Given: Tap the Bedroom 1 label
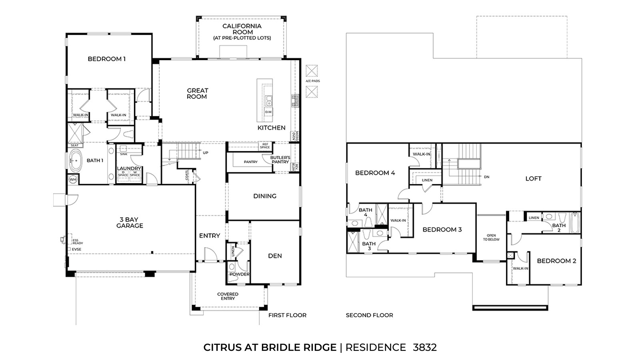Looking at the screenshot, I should coord(107,59).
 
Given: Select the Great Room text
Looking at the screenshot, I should coord(197,94).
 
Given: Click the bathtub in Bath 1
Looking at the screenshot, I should coord(75,160).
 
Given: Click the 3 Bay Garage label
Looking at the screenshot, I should coord(130,223).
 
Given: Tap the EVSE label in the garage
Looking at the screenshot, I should coord(76,249).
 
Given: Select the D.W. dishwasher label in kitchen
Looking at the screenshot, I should coord(268,112).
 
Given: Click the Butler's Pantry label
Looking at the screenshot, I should coord(280,160).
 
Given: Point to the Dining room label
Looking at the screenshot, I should coord(265,196).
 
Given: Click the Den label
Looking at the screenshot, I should coord(275,256).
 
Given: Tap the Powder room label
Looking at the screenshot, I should coord(239,274).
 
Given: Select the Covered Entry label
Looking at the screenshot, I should coord(228,296).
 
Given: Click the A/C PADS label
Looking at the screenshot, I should coord(312,81).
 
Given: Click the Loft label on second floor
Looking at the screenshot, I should coord(533,179).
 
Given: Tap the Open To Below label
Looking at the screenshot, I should coord(491,238).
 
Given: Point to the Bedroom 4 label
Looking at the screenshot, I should coord(375,173).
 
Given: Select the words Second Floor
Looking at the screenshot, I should coord(369,315).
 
